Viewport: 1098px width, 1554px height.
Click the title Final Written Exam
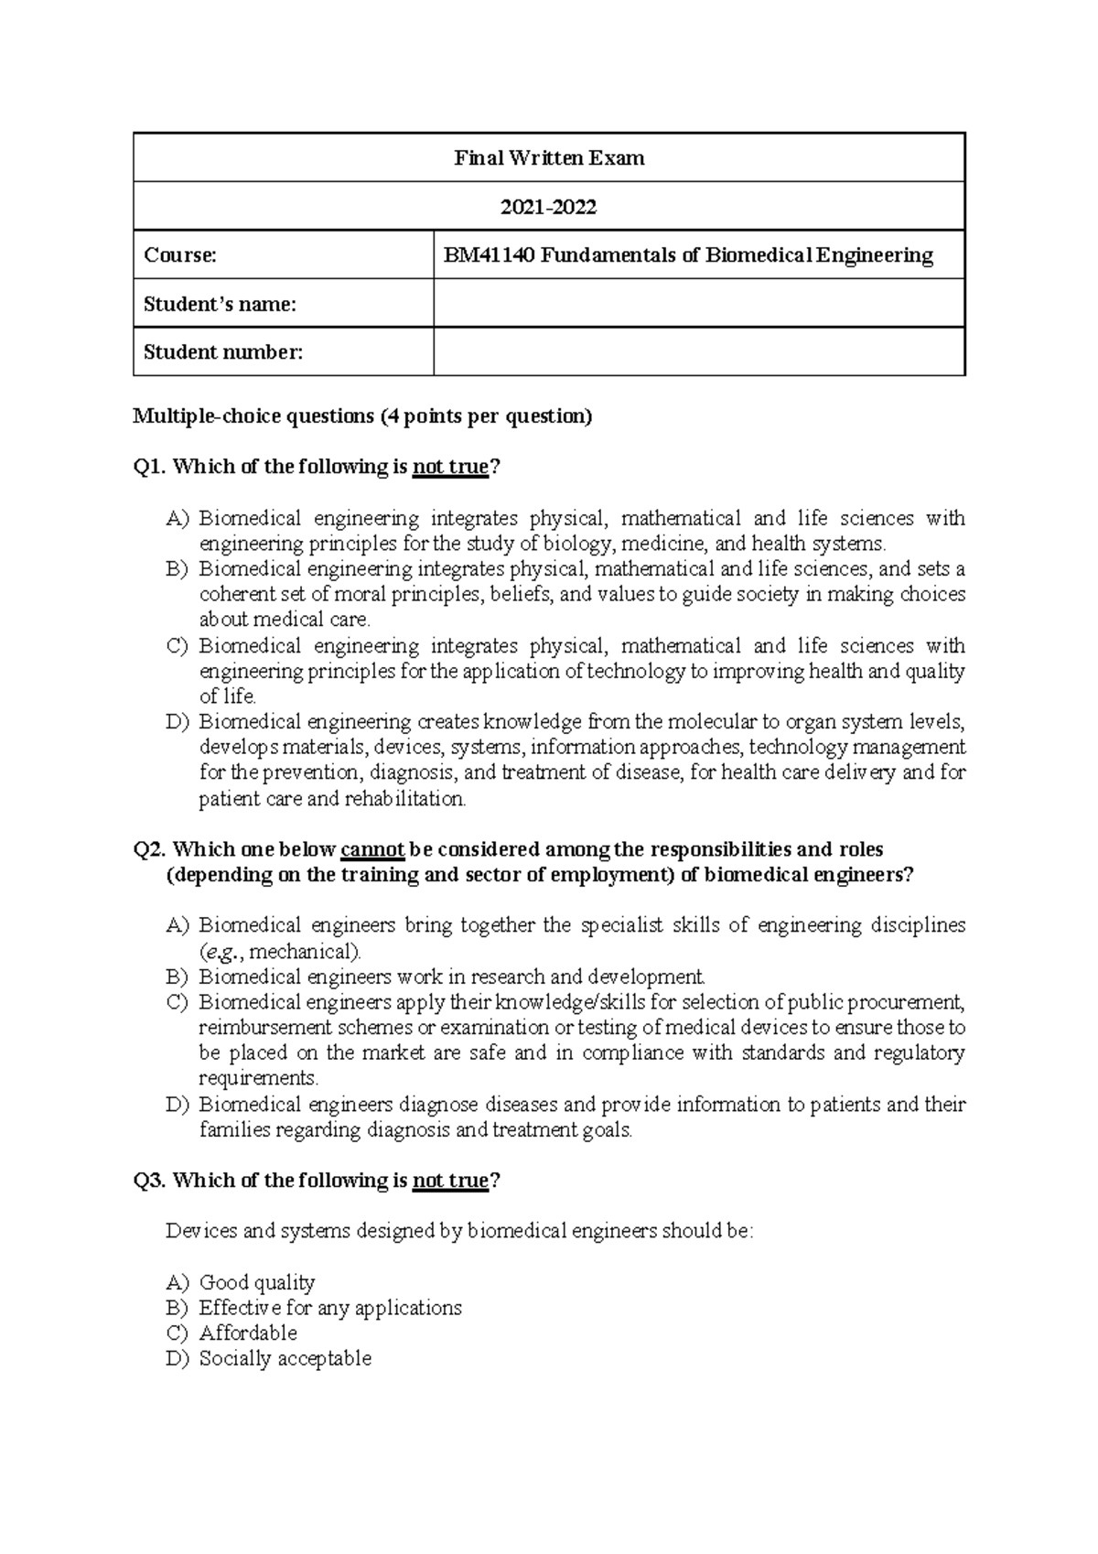(x=549, y=158)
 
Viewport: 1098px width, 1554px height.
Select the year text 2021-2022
(x=548, y=207)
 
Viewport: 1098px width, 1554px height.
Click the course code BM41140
(x=488, y=255)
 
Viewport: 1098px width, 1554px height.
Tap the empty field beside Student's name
(x=699, y=304)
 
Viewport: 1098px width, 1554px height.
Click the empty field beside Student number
(x=699, y=352)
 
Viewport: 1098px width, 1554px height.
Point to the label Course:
(x=180, y=255)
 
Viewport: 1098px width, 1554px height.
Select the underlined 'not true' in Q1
(x=451, y=467)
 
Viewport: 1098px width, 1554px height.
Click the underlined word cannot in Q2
(x=372, y=849)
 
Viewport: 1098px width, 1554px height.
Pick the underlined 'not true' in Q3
(x=451, y=1181)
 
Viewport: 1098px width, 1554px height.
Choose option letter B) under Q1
(x=177, y=569)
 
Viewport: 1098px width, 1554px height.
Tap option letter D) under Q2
(x=177, y=1105)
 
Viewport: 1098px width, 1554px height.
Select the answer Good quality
(x=257, y=1282)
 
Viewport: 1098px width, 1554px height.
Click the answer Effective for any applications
(x=330, y=1308)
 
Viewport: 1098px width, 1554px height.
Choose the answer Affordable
(x=248, y=1333)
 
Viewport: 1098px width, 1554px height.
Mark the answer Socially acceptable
(x=285, y=1358)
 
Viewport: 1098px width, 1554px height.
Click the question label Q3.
(x=149, y=1181)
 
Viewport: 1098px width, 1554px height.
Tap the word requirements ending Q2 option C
(x=258, y=1078)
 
